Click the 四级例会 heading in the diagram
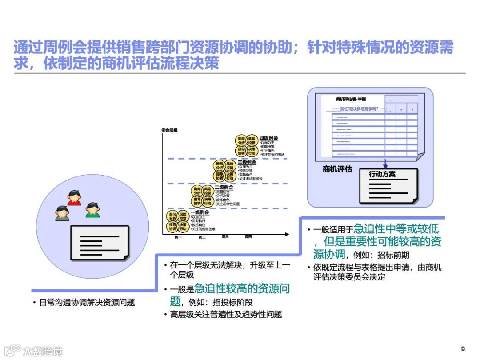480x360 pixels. tap(269, 138)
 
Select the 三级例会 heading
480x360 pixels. tap(247, 163)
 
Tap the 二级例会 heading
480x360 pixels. tap(224, 188)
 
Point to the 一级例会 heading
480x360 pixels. tap(200, 212)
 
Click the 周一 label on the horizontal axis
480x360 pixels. tap(179, 237)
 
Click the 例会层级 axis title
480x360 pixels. tap(169, 130)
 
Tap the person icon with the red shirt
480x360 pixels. tap(75, 198)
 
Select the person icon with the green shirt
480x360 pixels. tap(92, 210)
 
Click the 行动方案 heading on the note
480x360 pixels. tap(382, 174)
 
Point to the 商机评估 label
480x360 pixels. tap(337, 169)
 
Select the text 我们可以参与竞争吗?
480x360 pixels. tap(362, 108)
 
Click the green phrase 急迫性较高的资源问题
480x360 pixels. tap(242, 289)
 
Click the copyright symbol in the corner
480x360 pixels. tap(463, 348)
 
